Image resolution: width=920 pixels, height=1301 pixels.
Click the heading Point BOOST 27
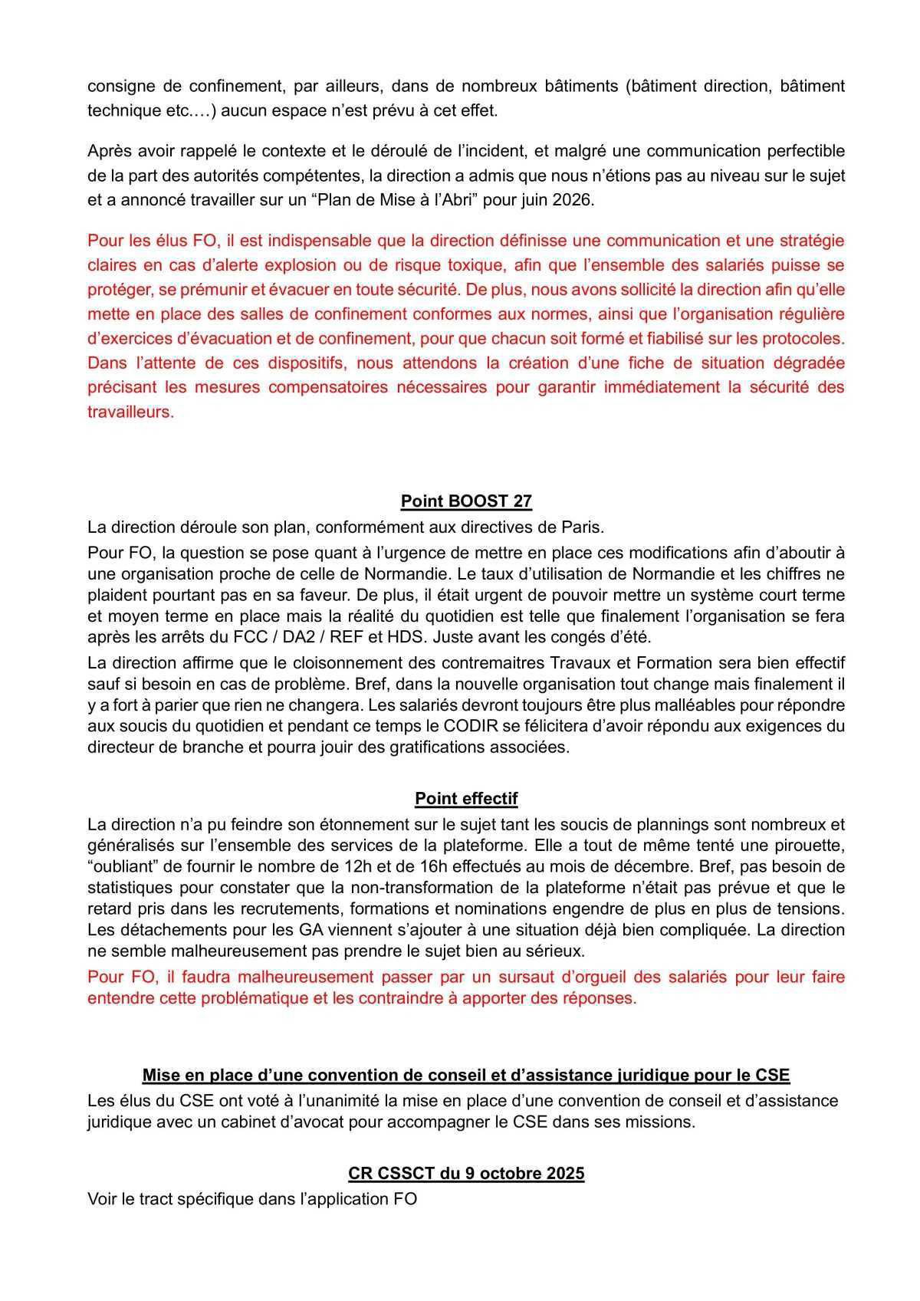click(466, 501)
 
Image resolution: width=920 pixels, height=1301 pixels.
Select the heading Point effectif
click(466, 799)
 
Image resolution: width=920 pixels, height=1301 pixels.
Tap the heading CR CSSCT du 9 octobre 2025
click(466, 1174)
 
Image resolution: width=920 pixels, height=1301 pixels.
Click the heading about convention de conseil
click(466, 1075)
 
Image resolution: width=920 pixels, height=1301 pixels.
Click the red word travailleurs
click(130, 412)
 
